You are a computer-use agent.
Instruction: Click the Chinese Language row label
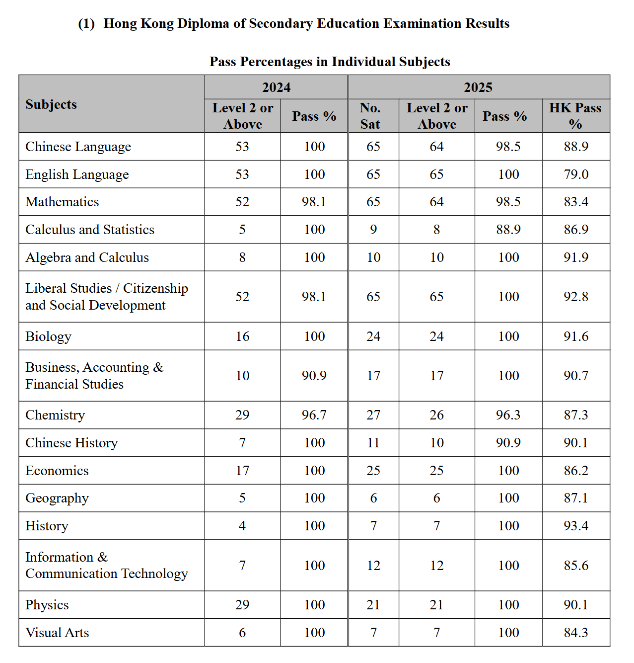click(x=78, y=147)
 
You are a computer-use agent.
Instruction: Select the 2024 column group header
click(x=276, y=87)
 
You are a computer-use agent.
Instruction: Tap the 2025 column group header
click(x=478, y=87)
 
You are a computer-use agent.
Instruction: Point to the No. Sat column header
click(x=370, y=116)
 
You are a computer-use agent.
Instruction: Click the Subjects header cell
click(x=51, y=104)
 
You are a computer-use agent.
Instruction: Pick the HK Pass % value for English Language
click(x=576, y=174)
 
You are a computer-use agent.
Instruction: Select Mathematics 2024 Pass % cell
click(x=314, y=202)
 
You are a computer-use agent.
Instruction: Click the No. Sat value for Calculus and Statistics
click(x=373, y=230)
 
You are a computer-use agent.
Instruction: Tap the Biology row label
click(x=48, y=336)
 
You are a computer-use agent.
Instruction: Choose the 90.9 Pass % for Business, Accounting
click(x=314, y=376)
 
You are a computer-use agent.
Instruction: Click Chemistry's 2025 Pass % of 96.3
click(x=508, y=415)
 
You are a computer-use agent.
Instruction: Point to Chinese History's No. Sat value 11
click(x=373, y=443)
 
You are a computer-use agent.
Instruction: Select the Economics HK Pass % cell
click(x=576, y=471)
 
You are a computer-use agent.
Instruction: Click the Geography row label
click(x=57, y=498)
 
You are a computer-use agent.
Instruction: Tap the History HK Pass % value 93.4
click(x=576, y=526)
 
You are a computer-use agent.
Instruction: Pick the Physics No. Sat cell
click(x=373, y=605)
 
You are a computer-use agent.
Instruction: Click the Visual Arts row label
click(x=57, y=633)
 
